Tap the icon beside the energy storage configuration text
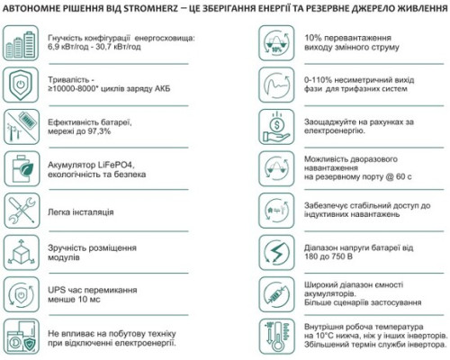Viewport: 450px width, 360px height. click(x=21, y=43)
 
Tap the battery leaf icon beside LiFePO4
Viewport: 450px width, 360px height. click(x=21, y=169)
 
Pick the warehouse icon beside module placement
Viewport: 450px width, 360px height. click(x=21, y=252)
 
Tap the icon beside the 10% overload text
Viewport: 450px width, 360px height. click(x=275, y=43)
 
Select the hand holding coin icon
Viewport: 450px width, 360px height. click(x=275, y=126)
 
